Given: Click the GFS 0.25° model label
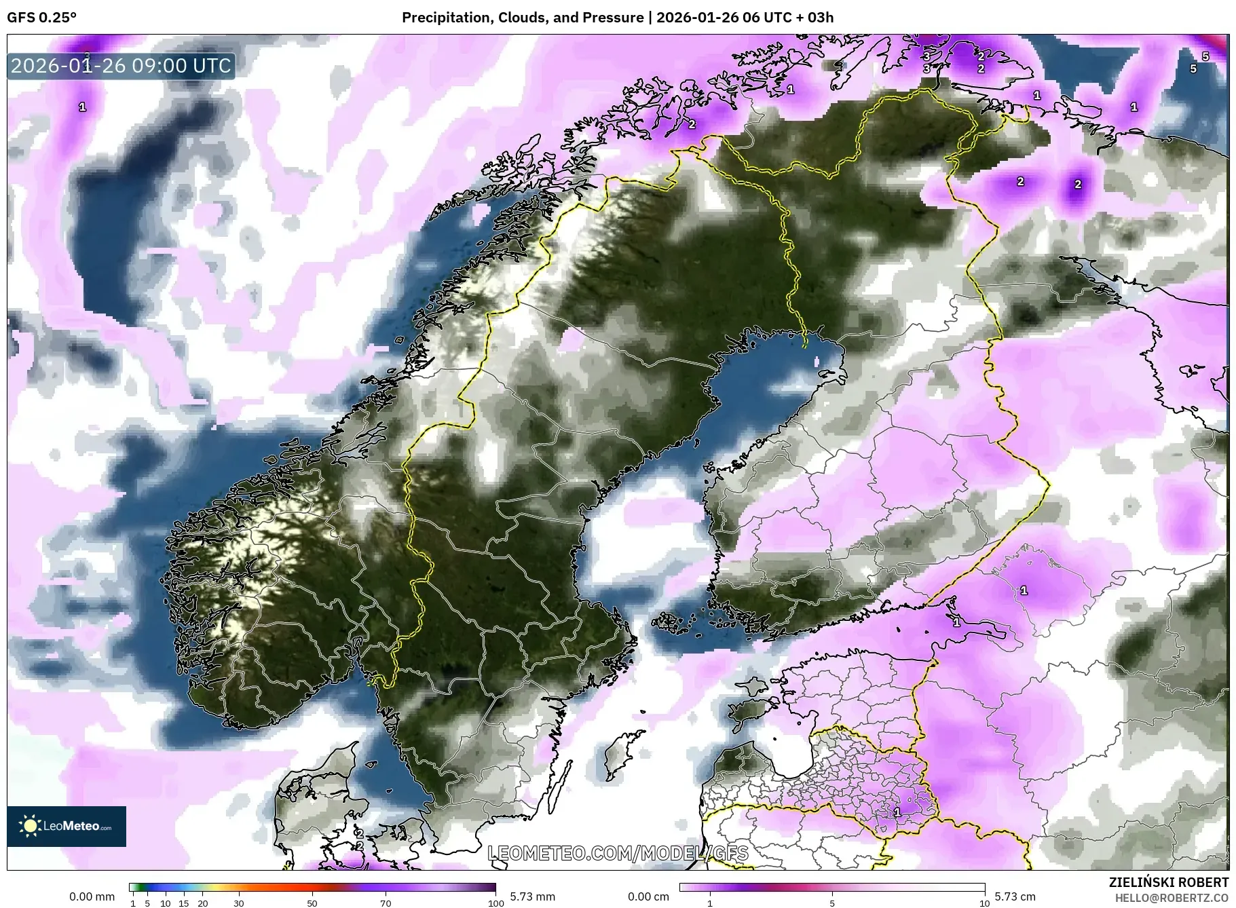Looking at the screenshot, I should [41, 18].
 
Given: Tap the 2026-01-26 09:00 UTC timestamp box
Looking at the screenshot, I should [121, 66].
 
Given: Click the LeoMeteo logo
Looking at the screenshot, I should [67, 826].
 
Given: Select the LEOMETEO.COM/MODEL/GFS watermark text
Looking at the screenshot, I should [618, 853].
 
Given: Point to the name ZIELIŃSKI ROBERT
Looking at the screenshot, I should [1168, 882].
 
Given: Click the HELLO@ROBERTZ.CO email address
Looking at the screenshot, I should [1172, 898].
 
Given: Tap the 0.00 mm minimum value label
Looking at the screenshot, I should [92, 896].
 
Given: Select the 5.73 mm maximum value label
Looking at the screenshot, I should [532, 896].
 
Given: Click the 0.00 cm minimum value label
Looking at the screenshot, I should [648, 896].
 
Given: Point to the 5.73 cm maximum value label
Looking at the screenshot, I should [1015, 896].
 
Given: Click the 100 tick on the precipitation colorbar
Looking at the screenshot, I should [496, 903].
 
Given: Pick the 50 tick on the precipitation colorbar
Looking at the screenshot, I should [312, 903].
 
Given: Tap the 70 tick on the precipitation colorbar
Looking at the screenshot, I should [386, 903].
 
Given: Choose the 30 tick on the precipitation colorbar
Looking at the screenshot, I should [239, 903].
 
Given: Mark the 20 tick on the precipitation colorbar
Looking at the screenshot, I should [202, 903].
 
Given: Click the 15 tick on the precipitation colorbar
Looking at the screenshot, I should [184, 903].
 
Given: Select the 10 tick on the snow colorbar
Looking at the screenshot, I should [984, 903].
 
